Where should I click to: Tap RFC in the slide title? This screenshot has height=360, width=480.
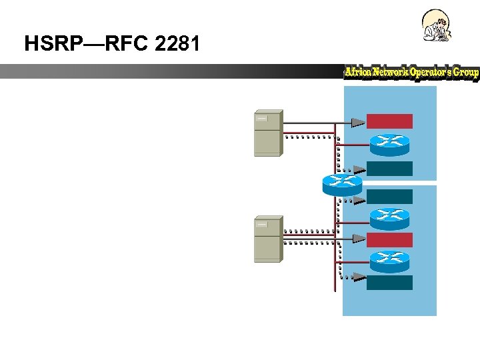tap(121, 44)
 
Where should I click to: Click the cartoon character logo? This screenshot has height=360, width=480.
tap(437, 27)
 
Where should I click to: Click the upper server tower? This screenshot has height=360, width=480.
tap(268, 132)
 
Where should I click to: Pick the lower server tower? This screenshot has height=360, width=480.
tap(268, 239)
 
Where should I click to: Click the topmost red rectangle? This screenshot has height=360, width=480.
tap(389, 121)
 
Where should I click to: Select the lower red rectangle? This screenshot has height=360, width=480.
tap(389, 239)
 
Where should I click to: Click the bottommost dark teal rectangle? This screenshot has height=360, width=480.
tap(389, 283)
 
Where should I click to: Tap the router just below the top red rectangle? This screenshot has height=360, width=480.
tap(389, 141)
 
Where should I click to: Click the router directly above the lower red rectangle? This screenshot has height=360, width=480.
tap(389, 217)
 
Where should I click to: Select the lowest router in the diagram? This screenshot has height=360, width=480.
tap(389, 260)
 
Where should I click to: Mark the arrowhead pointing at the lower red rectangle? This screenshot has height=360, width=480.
tap(358, 238)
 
